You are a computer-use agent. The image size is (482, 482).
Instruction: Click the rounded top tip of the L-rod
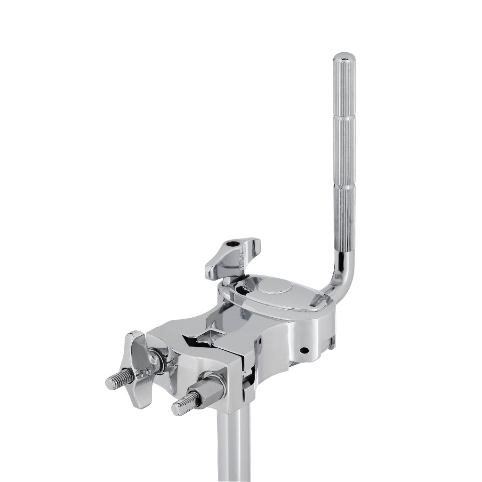pos(345,58)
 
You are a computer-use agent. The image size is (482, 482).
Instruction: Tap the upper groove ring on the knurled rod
pos(345,120)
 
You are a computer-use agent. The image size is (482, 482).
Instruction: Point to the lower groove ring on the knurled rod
pos(345,187)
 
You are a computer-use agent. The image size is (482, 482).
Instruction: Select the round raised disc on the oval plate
pos(272,288)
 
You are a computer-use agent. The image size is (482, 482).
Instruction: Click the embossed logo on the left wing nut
pos(142,373)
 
